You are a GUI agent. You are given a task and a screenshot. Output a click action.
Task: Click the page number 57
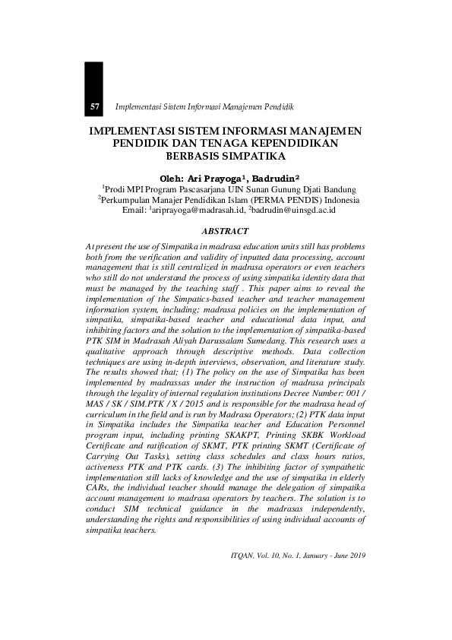pos(95,106)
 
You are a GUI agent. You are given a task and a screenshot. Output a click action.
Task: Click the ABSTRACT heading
pos(226,230)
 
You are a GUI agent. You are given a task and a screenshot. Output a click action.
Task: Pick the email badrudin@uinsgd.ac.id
pos(296,210)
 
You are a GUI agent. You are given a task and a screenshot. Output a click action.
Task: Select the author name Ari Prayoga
pos(218,176)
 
